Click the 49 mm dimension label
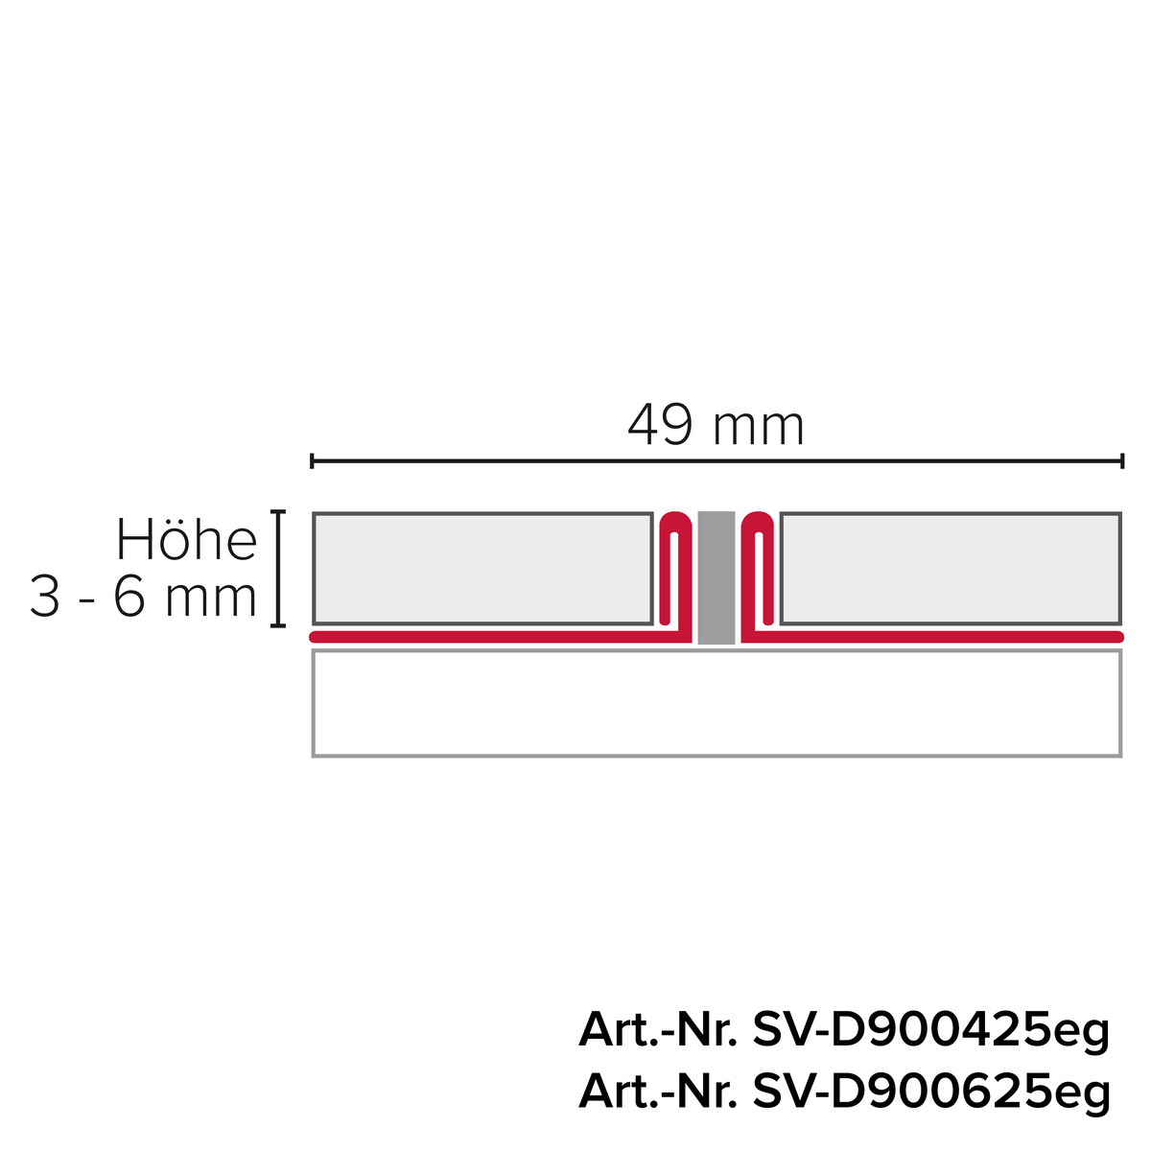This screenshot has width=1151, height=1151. pyautogui.click(x=716, y=427)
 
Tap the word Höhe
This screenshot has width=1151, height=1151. pyautogui.click(x=186, y=541)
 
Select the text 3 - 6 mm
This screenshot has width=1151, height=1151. pyautogui.click(x=144, y=597)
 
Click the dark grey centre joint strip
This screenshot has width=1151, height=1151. pyautogui.click(x=716, y=577)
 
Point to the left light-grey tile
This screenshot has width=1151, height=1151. pyautogui.click(x=482, y=569)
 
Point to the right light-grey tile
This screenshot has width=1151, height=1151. pyautogui.click(x=950, y=569)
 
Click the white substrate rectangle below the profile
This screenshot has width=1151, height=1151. pyautogui.click(x=716, y=703)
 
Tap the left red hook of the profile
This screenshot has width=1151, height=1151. pyautogui.click(x=675, y=566)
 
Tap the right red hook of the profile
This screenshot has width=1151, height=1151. pyautogui.click(x=758, y=566)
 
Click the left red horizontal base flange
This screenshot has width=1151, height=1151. pyautogui.click(x=480, y=637)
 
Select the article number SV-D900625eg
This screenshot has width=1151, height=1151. pyautogui.click(x=931, y=1092)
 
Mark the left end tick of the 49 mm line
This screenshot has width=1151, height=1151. pyautogui.click(x=313, y=461)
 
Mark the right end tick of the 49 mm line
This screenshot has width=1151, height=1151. pyautogui.click(x=1121, y=461)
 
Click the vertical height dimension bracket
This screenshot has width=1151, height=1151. pyautogui.click(x=278, y=569)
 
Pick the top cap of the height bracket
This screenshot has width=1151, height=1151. pyautogui.click(x=278, y=513)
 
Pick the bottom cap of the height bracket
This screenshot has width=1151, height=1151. pyautogui.click(x=278, y=625)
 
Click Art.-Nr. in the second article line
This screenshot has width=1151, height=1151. pyautogui.click(x=657, y=1092)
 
